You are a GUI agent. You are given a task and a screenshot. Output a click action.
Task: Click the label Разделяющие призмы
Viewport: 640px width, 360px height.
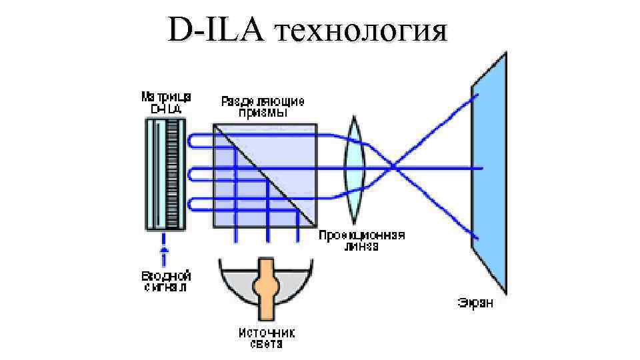click(263, 107)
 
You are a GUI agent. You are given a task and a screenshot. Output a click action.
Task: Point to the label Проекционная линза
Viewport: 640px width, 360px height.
click(362, 241)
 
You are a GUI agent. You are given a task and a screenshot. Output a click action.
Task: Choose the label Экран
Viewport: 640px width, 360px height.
click(475, 303)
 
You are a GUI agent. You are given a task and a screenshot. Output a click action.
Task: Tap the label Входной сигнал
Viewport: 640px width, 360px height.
click(166, 281)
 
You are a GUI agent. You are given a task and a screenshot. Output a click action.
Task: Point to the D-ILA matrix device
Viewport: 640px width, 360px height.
click(165, 175)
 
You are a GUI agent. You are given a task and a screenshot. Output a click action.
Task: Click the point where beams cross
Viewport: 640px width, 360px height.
click(395, 167)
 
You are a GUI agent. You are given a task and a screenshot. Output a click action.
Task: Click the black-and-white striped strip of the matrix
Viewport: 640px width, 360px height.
click(175, 175)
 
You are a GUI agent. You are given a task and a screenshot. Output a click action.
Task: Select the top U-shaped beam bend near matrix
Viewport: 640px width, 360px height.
click(191, 141)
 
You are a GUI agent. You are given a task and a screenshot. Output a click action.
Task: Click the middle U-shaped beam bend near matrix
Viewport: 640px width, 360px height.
click(191, 174)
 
